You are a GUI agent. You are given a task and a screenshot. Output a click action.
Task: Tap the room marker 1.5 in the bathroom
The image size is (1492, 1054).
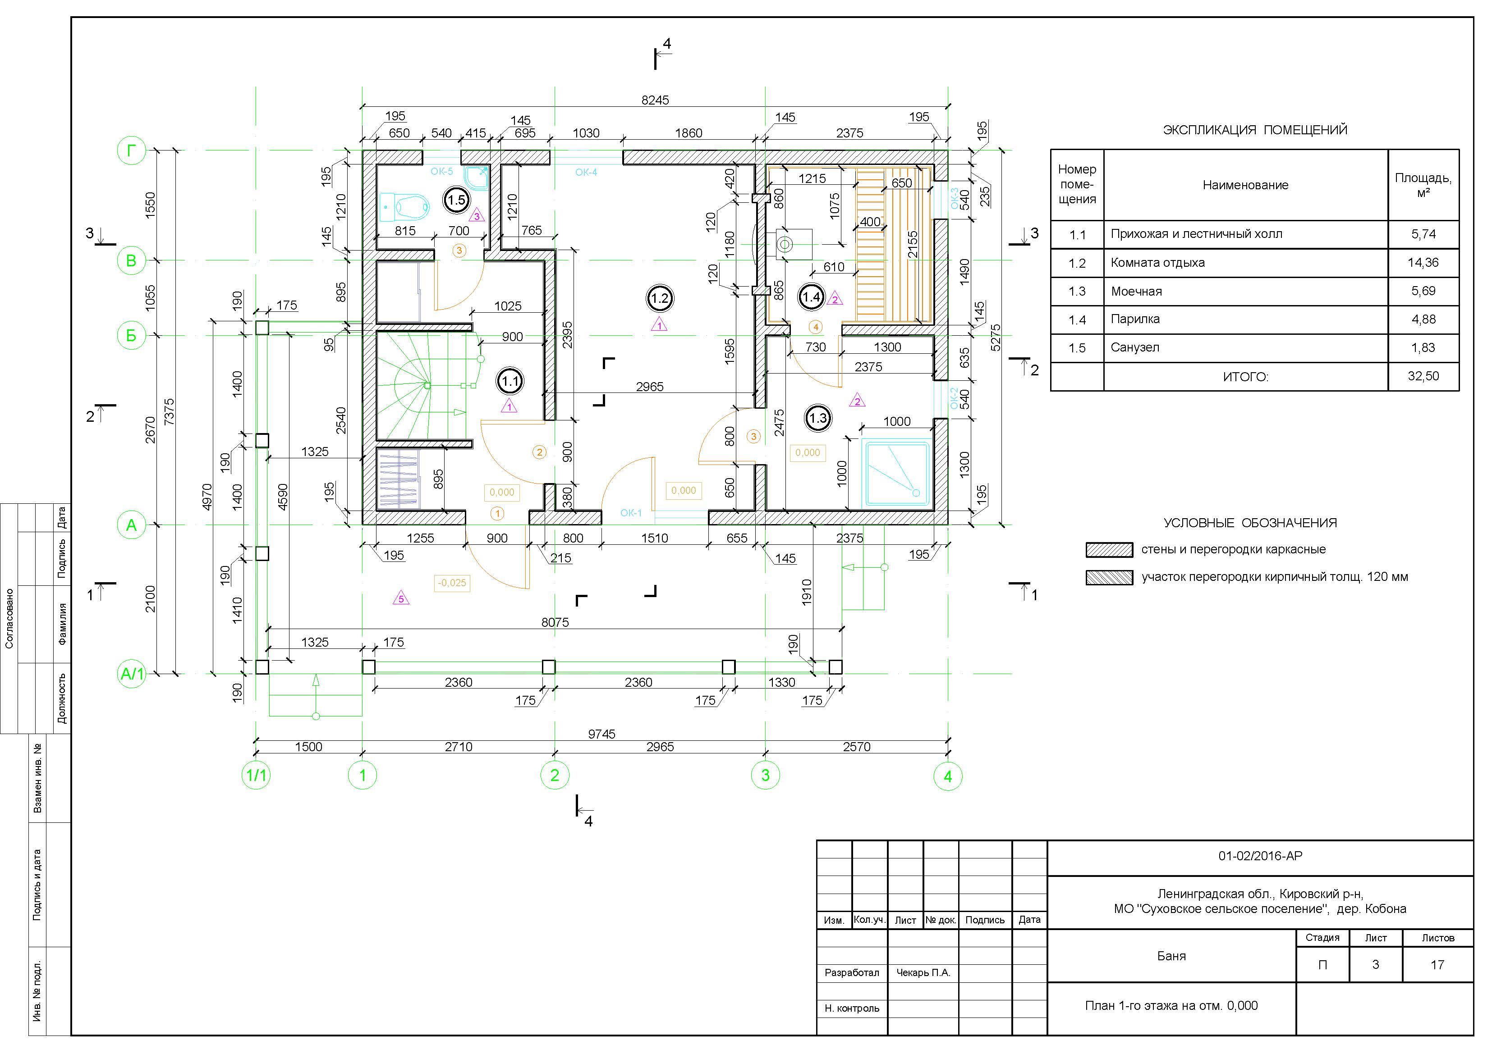[456, 200]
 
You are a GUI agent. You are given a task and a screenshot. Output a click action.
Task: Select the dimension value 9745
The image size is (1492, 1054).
[601, 734]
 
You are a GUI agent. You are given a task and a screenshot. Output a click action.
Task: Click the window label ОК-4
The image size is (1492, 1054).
[586, 172]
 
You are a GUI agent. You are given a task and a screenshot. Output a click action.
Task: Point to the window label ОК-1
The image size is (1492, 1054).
[630, 513]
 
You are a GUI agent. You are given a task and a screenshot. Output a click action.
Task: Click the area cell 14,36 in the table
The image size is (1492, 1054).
[1423, 262]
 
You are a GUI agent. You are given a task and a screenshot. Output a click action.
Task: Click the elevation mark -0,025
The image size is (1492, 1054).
[452, 583]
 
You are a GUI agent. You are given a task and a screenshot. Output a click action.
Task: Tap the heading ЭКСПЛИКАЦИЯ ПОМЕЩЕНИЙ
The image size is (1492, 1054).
[1255, 130]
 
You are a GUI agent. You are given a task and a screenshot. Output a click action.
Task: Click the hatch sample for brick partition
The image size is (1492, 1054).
[1109, 577]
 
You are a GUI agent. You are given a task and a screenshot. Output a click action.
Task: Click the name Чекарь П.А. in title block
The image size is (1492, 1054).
[923, 972]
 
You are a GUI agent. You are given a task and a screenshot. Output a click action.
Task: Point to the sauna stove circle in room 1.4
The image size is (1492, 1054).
[785, 244]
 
